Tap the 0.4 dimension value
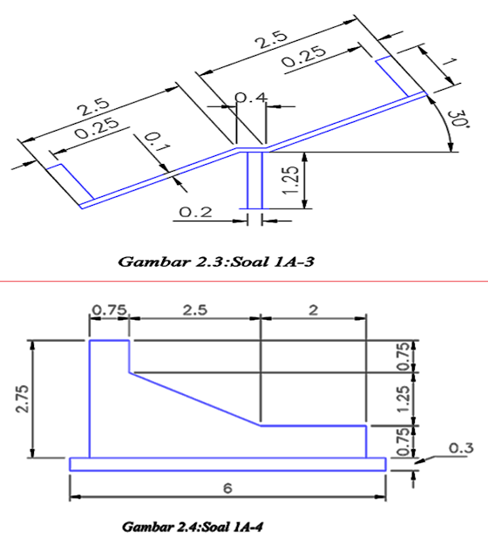click(252, 98)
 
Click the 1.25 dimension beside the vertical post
click(294, 180)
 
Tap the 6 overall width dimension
click(228, 488)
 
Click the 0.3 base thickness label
click(459, 447)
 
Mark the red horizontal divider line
click(244, 282)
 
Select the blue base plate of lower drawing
click(227, 464)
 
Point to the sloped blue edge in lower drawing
click(196, 399)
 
